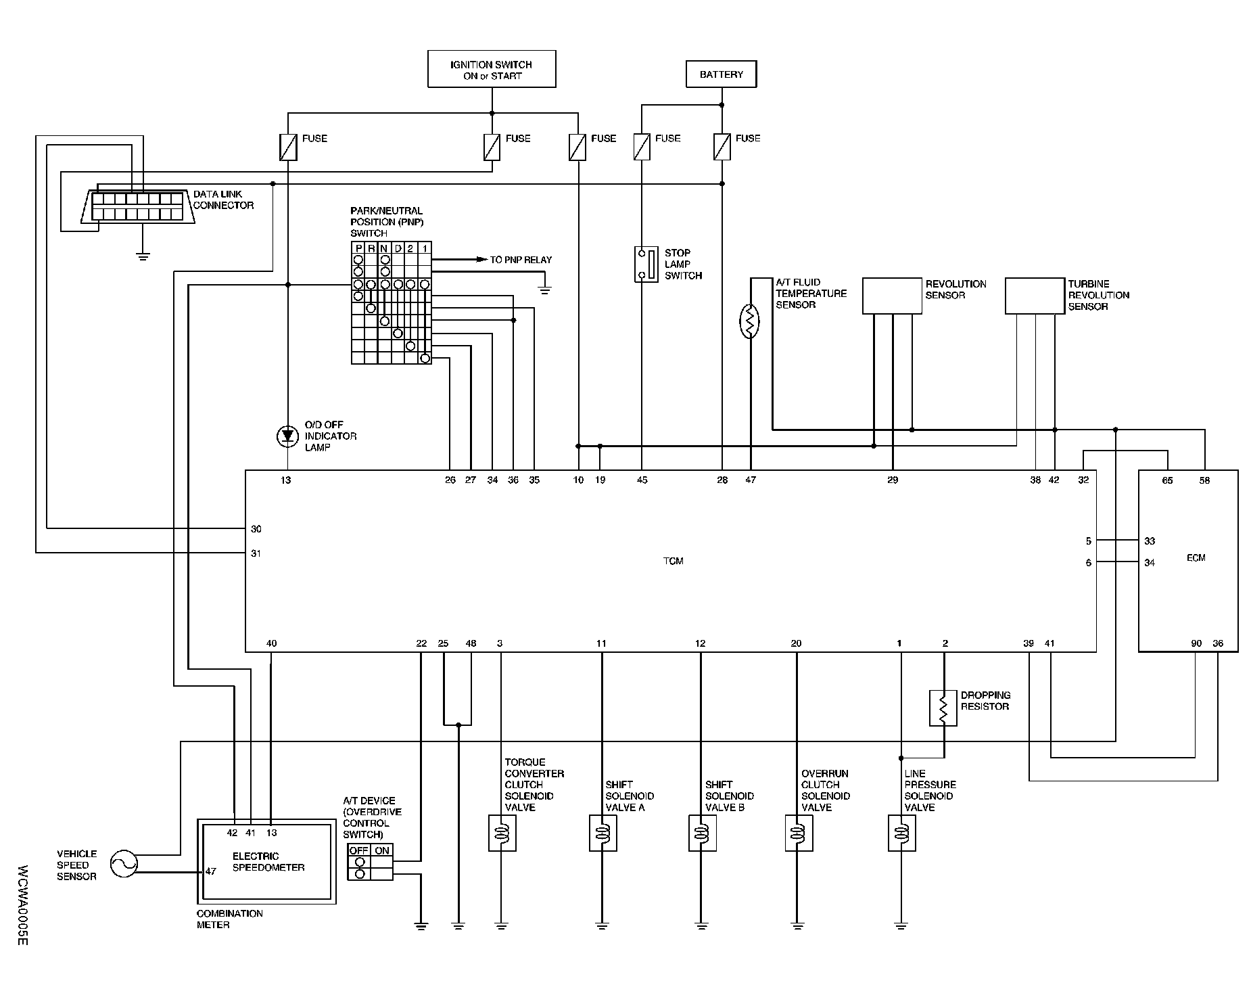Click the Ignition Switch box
point(492,69)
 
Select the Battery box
point(721,74)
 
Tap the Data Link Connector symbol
point(139,206)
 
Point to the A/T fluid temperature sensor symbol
point(750,322)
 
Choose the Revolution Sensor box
point(892,296)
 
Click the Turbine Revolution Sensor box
point(1035,296)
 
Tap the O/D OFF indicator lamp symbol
point(287,437)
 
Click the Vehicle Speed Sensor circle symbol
point(124,864)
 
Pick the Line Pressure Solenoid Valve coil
point(901,833)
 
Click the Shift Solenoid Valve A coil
point(602,833)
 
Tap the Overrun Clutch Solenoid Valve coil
point(799,833)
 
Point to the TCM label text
point(674,561)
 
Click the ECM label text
point(1196,558)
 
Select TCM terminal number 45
point(642,480)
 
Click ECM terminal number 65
point(1167,481)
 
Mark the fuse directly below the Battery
point(722,147)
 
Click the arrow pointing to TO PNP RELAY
point(481,260)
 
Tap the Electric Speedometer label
point(268,862)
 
